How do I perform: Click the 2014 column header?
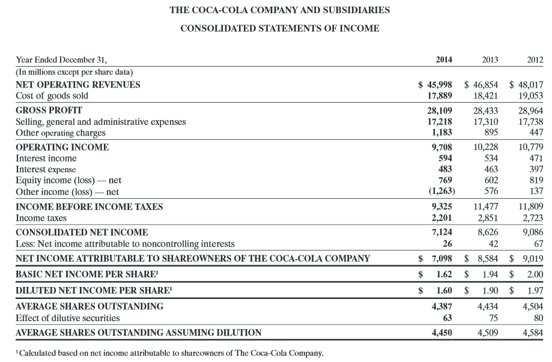click(x=444, y=59)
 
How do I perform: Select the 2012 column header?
click(x=534, y=59)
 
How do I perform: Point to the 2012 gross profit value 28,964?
click(x=530, y=110)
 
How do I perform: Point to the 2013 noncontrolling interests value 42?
click(x=493, y=243)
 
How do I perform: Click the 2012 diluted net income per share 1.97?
click(x=535, y=291)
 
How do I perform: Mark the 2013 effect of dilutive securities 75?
click(x=493, y=317)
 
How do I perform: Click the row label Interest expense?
click(x=46, y=169)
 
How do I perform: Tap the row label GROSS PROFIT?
click(x=49, y=110)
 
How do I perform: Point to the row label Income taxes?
click(x=41, y=217)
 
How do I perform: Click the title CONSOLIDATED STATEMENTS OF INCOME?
click(x=280, y=28)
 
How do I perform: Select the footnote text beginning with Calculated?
click(x=171, y=352)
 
